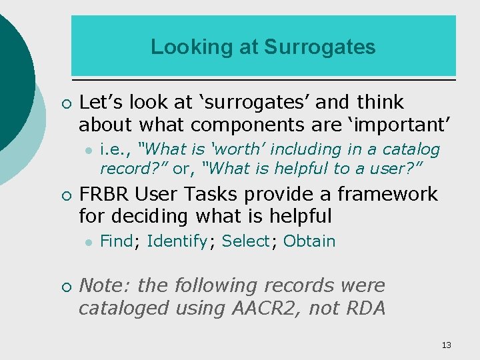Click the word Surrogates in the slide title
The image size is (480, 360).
[319, 47]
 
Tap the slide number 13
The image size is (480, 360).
[446, 345]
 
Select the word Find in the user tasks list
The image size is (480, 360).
[116, 241]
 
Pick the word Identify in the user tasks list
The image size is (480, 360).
[177, 241]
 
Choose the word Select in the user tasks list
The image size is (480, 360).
[245, 241]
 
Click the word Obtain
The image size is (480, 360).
[309, 241]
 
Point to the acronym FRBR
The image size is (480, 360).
[105, 194]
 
